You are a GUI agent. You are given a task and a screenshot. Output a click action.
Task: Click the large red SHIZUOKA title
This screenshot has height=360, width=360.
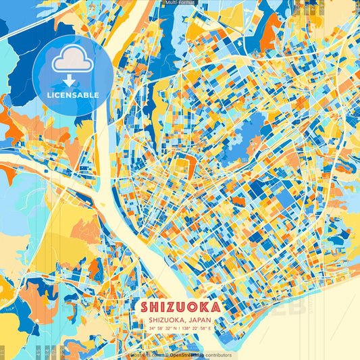coord(180,306)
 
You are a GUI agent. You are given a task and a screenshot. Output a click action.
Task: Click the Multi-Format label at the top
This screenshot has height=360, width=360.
coord(180,3)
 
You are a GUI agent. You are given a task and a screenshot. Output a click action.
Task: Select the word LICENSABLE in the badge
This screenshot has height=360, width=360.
coord(73,95)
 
